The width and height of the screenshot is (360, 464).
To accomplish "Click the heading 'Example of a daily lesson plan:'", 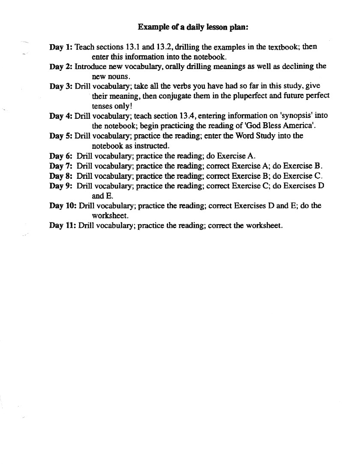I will click(193, 27).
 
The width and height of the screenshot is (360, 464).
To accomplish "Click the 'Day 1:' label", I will click(61, 47).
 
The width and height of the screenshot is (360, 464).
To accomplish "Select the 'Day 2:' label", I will click(61, 66).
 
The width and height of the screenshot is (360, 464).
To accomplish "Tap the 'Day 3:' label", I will click(61, 86).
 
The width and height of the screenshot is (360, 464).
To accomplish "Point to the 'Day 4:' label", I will click(61, 116).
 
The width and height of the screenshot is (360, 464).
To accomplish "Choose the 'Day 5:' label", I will click(61, 136).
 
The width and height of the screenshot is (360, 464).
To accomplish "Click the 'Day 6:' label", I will click(61, 156).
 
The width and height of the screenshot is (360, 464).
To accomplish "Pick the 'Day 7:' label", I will click(61, 166).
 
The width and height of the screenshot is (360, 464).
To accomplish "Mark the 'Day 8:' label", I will click(61, 176).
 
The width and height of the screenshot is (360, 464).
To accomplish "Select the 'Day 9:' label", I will click(61, 186).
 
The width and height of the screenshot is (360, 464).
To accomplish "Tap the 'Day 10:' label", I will click(63, 206).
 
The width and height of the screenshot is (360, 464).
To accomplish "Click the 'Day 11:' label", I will click(63, 226).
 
